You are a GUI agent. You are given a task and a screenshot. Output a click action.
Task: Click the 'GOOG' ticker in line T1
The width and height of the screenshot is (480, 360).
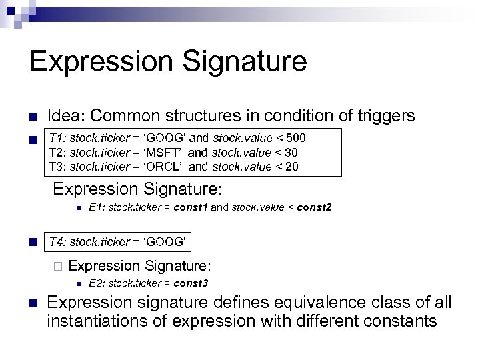click(164, 139)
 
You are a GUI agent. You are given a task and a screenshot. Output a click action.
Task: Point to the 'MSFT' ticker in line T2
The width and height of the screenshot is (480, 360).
click(163, 153)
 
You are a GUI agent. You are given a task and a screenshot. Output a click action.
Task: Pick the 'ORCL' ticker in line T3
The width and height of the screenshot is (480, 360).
click(163, 167)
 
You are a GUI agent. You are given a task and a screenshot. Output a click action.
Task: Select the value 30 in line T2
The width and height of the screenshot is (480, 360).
click(291, 153)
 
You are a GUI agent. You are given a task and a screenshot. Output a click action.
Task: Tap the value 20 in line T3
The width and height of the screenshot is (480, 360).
click(291, 167)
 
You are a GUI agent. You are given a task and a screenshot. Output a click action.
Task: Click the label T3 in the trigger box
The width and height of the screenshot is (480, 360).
click(57, 167)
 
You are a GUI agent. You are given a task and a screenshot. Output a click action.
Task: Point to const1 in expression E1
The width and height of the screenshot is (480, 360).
click(191, 207)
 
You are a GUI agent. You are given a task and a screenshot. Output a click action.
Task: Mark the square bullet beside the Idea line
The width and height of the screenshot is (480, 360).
click(32, 117)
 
